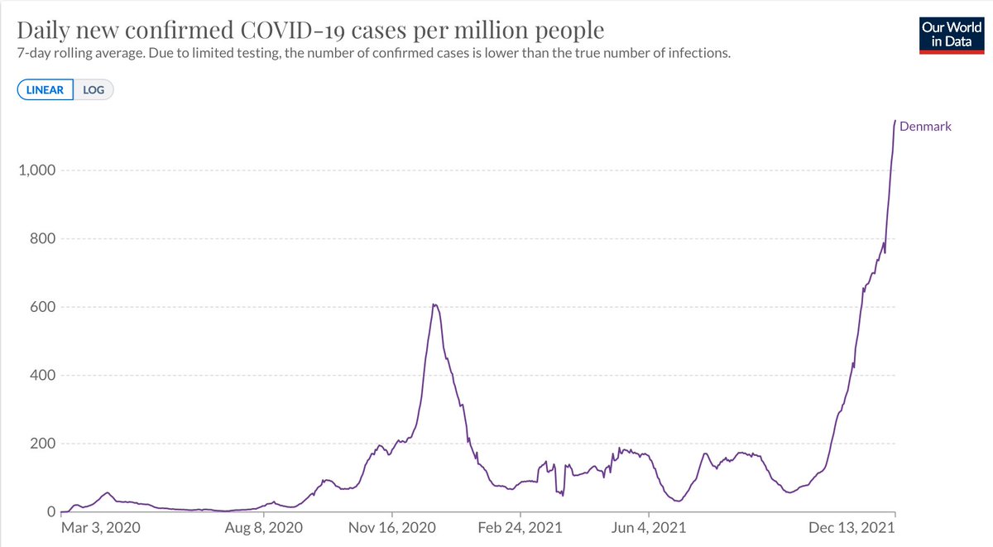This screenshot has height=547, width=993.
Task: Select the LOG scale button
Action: [x=94, y=89]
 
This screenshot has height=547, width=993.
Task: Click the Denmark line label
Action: [x=925, y=127]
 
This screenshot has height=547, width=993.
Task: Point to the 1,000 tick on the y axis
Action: [x=35, y=170]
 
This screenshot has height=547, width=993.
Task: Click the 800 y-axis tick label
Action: [x=41, y=239]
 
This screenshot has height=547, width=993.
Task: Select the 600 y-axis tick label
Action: [x=41, y=307]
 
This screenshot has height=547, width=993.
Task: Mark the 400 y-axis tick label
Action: [x=41, y=376]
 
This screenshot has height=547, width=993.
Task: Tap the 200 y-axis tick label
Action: [x=41, y=444]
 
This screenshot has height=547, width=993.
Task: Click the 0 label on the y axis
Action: [x=50, y=512]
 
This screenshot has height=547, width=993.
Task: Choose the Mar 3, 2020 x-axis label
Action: [x=102, y=527]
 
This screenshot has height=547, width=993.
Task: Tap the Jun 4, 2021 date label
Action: [x=649, y=527]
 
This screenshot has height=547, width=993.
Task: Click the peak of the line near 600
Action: [x=434, y=305]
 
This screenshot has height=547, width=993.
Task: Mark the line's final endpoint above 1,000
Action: [x=895, y=121]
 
